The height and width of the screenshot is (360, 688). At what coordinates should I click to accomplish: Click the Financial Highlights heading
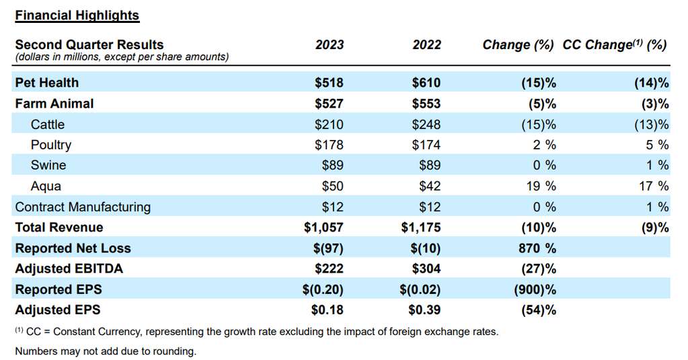point(77,15)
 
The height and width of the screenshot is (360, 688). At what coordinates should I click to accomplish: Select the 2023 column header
point(329,45)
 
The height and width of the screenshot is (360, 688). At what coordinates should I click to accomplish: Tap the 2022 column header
point(427,45)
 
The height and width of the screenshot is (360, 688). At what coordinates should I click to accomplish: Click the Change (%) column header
point(518,45)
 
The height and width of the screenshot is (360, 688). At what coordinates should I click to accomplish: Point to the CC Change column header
point(614,45)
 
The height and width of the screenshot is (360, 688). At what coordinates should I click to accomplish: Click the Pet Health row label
point(46,83)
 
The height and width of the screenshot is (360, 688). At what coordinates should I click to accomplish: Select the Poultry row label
point(50,145)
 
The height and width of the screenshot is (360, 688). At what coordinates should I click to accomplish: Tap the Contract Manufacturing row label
point(83,207)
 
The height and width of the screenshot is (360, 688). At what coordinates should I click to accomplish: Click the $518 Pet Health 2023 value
point(329,83)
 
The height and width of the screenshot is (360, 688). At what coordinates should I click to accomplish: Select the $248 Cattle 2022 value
point(427,124)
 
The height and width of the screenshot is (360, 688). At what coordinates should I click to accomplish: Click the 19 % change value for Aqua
point(541,186)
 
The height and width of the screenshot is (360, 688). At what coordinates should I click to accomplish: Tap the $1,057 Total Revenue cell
point(323,227)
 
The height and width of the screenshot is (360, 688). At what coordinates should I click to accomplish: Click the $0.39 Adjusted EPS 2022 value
point(424,310)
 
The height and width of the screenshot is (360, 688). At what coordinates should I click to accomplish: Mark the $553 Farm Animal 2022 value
point(427,104)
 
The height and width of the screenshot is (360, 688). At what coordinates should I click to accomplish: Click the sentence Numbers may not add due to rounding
point(105,351)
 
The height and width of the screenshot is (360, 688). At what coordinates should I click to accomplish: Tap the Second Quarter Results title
point(89,45)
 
